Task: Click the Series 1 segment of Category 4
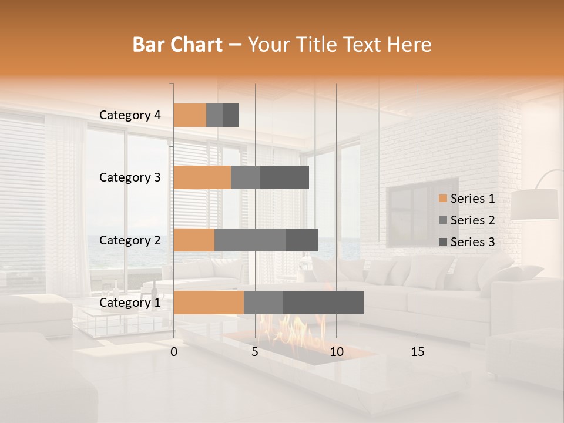[x=190, y=115]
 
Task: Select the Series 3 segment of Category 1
[x=323, y=303]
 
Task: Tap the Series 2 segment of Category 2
[x=250, y=240]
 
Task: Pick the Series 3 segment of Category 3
[x=284, y=177]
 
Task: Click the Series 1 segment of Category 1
[x=209, y=303]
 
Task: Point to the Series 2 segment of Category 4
[x=214, y=115]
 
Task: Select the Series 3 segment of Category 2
[x=302, y=240]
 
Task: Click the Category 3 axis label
[x=130, y=177]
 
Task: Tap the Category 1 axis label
[x=130, y=303]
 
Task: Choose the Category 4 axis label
[x=130, y=115]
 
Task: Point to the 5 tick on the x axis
[x=255, y=352]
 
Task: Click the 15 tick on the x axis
[x=417, y=352]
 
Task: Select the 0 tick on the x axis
[x=174, y=352]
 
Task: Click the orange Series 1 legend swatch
[x=442, y=199]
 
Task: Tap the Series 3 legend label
[x=472, y=242]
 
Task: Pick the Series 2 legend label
[x=472, y=220]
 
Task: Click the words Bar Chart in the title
[x=177, y=45]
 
